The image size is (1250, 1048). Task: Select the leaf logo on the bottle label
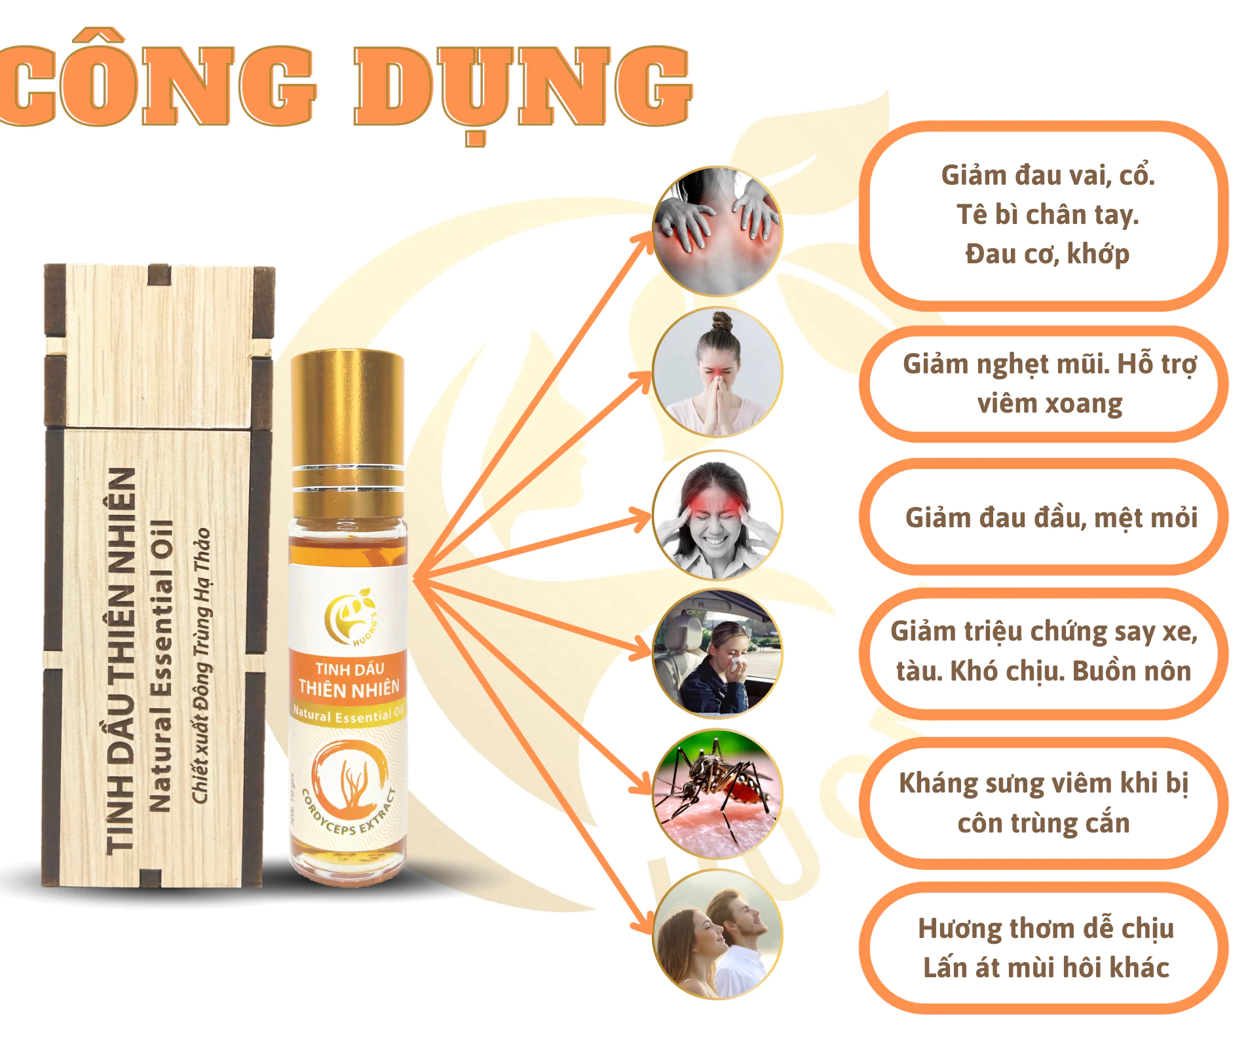point(350,616)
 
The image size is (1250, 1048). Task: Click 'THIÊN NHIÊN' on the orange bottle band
point(349,689)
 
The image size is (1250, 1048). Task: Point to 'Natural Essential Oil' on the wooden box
point(161,665)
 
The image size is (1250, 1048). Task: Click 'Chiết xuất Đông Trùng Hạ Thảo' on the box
point(201,665)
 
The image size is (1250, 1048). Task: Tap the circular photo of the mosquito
point(717,794)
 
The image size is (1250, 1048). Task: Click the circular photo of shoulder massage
point(717,231)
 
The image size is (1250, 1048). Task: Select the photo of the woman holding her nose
point(717,372)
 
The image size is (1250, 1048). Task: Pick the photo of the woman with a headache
point(717,515)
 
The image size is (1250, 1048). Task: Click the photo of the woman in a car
point(717,654)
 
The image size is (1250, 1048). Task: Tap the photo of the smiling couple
point(717,934)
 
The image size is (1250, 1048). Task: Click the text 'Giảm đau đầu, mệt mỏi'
point(1051,518)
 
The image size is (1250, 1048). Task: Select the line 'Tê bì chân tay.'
point(1048,215)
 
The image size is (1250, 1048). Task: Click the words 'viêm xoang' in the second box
point(1050,403)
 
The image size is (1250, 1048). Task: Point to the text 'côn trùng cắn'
point(1044,823)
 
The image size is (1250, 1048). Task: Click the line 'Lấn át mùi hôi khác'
point(1046,968)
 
